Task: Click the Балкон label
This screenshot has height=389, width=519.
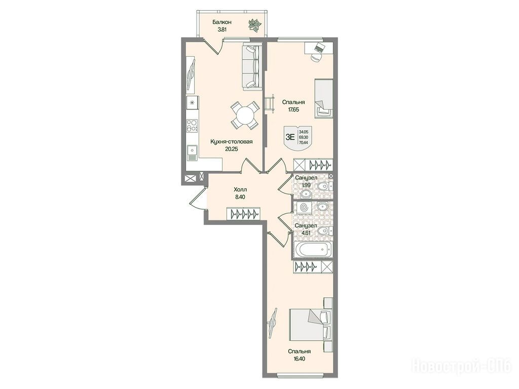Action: tap(222, 22)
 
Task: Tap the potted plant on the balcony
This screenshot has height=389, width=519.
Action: tap(255, 25)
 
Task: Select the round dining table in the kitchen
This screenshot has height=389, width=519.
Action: tap(245, 115)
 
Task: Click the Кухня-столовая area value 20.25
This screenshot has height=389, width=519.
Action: tap(232, 149)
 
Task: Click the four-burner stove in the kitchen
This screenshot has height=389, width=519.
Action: tap(192, 126)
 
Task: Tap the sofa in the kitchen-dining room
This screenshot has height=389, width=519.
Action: tap(251, 67)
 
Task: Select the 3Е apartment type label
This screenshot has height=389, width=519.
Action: tap(290, 137)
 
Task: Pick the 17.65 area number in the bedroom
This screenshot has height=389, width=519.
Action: tap(293, 109)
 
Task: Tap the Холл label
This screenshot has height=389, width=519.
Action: tap(240, 190)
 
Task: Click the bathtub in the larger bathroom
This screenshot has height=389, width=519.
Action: tap(313, 249)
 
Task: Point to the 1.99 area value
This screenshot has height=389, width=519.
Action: tap(307, 185)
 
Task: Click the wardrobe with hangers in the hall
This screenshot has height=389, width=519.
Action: tap(243, 214)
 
